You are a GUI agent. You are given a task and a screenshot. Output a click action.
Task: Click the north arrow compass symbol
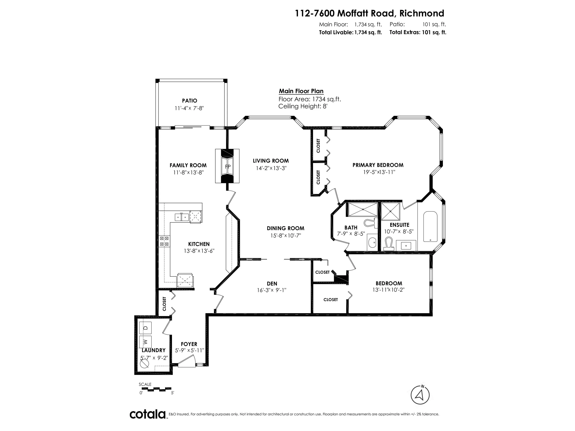420,395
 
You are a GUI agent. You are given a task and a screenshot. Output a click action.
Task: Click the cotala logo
148,414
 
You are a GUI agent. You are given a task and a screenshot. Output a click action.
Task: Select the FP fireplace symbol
227,166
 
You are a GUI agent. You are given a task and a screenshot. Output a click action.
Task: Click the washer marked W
146,341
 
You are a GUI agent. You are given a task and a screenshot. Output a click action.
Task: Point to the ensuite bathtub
431,227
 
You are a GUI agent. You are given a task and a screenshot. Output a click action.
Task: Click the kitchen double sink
181,217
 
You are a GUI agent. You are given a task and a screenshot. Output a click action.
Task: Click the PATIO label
189,100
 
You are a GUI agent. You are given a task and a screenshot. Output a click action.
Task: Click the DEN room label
272,284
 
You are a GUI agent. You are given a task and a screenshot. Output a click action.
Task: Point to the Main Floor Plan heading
301,91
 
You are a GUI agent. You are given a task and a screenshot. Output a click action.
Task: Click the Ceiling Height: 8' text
303,106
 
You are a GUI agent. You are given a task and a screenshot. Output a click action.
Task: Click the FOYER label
189,344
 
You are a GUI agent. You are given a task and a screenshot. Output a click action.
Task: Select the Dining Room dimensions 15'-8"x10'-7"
285,236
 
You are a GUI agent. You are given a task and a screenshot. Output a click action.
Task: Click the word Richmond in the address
422,13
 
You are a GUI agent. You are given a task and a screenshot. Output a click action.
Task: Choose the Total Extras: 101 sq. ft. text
418,33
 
